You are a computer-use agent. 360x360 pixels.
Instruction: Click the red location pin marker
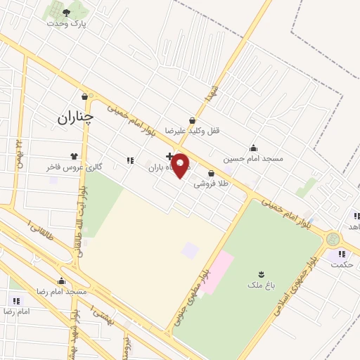[181, 165]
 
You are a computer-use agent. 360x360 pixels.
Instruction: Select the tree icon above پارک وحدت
[67, 13]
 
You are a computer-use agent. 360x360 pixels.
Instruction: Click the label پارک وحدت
[67, 23]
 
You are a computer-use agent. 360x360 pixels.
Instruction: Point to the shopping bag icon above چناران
[85, 97]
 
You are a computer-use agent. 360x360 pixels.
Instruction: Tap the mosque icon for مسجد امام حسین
[254, 148]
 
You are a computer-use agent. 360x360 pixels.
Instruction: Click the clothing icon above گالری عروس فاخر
[75, 157]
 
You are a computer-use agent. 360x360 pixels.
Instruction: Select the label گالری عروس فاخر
[75, 167]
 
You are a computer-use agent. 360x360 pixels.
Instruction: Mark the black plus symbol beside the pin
[169, 156]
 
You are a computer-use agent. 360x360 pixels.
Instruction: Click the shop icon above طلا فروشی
[211, 173]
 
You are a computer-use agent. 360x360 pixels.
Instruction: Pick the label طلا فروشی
[211, 184]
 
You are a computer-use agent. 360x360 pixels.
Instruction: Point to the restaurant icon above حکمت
[342, 254]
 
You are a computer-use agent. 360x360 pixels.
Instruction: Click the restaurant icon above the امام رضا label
[16, 301]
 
